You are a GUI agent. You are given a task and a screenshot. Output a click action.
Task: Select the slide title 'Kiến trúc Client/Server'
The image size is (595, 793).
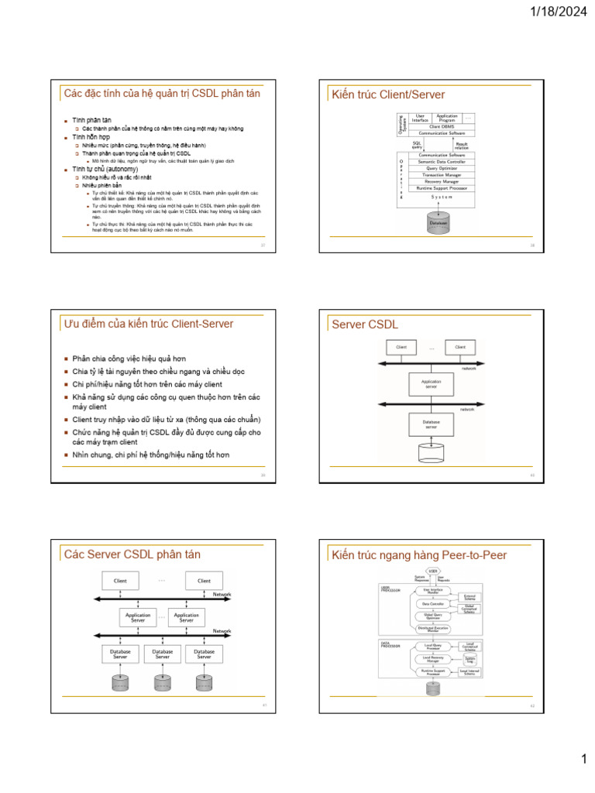388,94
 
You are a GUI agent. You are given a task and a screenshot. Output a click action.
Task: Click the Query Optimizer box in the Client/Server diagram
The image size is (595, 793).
441,168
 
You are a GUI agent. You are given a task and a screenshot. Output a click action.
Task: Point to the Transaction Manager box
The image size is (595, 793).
441,175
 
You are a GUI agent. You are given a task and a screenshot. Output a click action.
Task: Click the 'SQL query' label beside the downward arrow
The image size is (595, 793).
417,144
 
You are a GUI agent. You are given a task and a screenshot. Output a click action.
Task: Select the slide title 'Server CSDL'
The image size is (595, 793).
364,324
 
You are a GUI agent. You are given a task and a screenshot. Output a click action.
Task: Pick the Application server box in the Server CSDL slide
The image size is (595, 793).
431,384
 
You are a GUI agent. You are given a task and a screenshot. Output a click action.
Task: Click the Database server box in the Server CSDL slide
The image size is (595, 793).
431,424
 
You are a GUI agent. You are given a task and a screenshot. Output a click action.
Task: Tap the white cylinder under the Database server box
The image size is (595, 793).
431,450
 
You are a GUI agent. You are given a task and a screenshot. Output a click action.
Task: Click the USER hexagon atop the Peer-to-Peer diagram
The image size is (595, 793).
433,571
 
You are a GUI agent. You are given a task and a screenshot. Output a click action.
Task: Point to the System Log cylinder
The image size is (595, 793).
469,659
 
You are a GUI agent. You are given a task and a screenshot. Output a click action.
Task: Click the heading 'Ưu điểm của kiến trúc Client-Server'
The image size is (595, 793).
149,324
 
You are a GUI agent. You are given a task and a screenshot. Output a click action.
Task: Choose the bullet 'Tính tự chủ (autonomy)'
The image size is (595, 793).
105,168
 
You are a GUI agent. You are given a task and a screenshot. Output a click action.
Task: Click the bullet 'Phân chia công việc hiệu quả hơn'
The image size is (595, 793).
129,359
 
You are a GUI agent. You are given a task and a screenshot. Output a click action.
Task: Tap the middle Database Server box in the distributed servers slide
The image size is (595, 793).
163,654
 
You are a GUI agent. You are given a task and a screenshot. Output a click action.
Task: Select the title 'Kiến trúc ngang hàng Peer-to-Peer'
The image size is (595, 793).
418,554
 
